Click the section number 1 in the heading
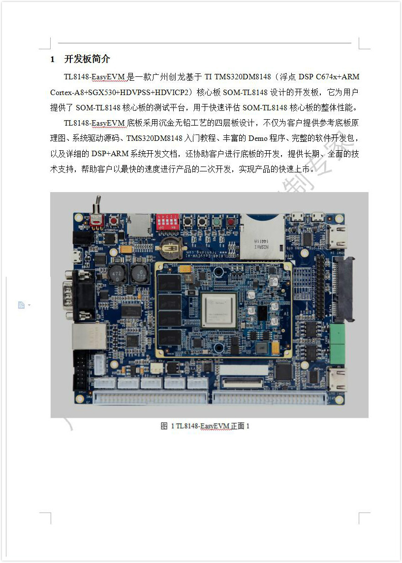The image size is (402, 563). pyautogui.click(x=52, y=59)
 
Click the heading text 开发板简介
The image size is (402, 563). pyautogui.click(x=87, y=59)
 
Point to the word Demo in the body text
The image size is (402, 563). pyautogui.click(x=258, y=138)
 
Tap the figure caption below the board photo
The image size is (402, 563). pyautogui.click(x=205, y=426)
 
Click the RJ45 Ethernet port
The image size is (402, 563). pyautogui.click(x=89, y=336)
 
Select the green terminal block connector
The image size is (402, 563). pyautogui.click(x=337, y=344)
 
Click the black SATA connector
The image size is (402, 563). pyautogui.click(x=344, y=289)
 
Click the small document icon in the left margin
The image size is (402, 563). pyautogui.click(x=21, y=305)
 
